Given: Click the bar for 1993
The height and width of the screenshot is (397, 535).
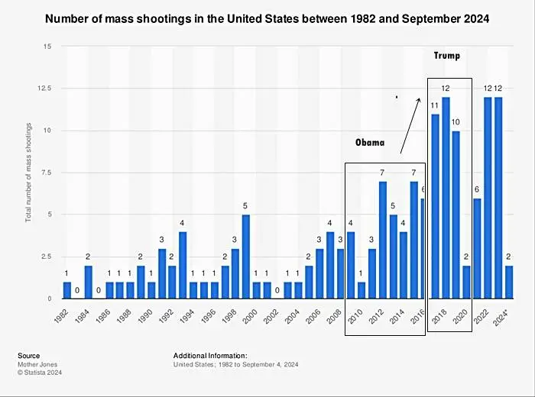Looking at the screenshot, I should click(x=183, y=265).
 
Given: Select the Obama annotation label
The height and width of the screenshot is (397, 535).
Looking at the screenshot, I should click(x=370, y=143).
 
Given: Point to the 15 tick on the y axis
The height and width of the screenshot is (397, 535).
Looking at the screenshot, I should click(x=47, y=47).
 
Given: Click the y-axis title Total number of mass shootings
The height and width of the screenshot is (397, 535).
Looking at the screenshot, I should click(x=28, y=173).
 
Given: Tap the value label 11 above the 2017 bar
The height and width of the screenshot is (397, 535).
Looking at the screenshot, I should click(x=434, y=106).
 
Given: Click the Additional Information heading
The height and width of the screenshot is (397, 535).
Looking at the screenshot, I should click(x=210, y=356).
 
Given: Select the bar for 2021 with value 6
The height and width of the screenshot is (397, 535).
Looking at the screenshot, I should click(x=478, y=248).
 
